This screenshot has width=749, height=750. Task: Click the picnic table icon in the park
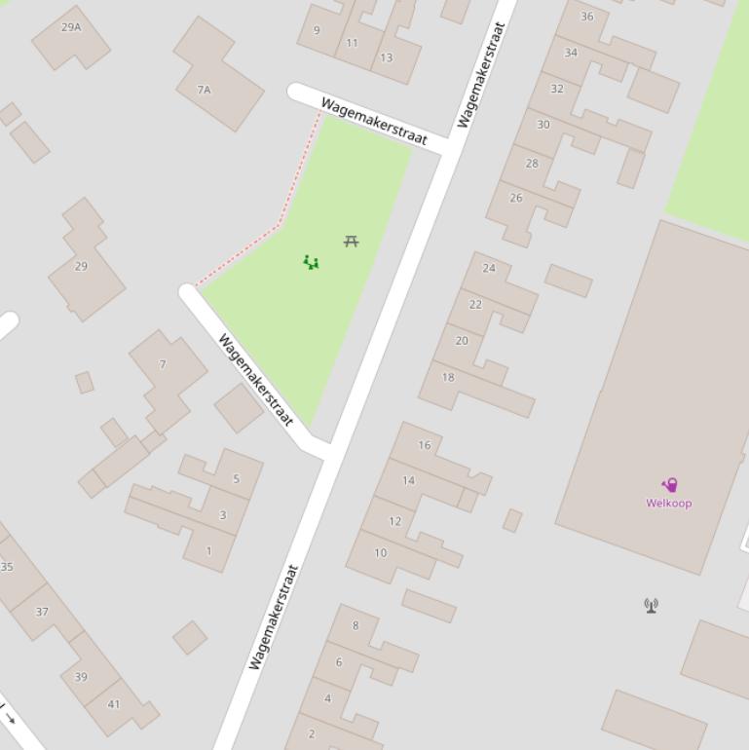pos(351,241)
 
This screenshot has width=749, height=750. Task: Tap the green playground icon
pos(311,262)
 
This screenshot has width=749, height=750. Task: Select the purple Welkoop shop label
pos(669,504)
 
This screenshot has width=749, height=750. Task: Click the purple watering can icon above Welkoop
pos(669,485)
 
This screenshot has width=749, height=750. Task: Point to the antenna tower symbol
pos(651,606)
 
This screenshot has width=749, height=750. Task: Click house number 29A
pos(71,27)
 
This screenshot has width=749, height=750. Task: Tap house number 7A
pos(204,90)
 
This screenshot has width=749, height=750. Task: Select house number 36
pos(587,17)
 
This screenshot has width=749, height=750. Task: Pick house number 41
pos(114,704)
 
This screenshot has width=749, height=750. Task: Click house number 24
pos(489,268)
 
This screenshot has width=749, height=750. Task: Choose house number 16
pos(425,445)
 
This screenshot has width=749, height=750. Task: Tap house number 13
pos(387,57)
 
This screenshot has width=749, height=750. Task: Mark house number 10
pos(380,552)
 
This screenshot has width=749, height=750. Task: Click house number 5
pos(236,479)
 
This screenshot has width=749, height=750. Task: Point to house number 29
pos(81,266)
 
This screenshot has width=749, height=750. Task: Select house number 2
pos(312,733)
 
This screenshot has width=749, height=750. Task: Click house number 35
pos(7,567)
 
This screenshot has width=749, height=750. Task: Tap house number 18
pos(448,377)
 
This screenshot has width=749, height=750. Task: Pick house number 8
pos(356,625)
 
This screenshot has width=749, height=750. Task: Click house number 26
pos(516,198)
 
